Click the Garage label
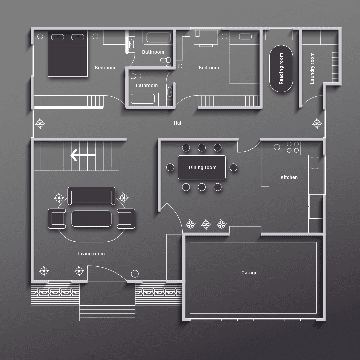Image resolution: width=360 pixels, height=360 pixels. tap(249, 273)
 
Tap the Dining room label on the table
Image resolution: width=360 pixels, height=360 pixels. tap(203, 167)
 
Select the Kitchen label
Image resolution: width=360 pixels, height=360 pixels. tap(289, 177)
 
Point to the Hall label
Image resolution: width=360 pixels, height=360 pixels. tap(178, 123)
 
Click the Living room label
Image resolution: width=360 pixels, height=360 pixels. tap(91, 254)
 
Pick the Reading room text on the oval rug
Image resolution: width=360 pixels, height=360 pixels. tap(281, 69)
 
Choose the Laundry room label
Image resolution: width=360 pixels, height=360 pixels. tap(312, 68)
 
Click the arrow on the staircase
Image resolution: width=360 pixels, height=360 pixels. tap(83, 155)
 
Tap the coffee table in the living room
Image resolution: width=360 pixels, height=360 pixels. tap(91, 219)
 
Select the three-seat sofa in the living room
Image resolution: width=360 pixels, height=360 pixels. tap(91, 196)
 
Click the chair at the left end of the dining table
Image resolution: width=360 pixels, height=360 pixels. tap(170, 167)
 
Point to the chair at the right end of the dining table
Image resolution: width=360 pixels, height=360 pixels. tap(233, 167)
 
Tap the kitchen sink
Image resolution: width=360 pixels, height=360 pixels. tap(315, 163)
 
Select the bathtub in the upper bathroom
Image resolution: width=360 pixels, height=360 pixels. tap(158, 38)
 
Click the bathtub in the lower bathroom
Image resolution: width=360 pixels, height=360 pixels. tap(143, 99)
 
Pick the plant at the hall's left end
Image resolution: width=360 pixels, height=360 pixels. tap(40, 124)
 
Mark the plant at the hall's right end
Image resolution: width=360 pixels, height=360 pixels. tap(317, 124)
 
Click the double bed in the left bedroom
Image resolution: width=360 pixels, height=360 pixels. tap(67, 53)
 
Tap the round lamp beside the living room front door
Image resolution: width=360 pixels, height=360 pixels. tap(135, 274)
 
